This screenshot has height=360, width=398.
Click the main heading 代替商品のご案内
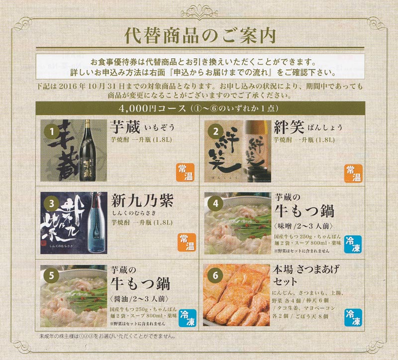[200, 35]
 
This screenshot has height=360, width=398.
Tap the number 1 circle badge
[52, 131]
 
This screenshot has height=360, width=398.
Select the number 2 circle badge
[216, 131]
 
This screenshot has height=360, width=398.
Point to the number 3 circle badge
[52, 204]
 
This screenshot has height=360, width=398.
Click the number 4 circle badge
[216, 204]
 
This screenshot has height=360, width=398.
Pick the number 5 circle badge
[52, 275]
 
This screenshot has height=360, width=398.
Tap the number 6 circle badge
[215, 275]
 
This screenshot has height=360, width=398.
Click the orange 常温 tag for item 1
[186, 173]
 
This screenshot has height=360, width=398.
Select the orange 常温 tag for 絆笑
[353, 174]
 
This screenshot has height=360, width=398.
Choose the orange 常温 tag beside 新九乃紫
[187, 243]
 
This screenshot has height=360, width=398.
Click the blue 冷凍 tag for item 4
[353, 244]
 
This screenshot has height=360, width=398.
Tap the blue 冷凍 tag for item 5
[188, 318]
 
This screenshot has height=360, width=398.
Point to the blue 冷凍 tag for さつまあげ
[353, 317]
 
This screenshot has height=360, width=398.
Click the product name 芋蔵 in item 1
[125, 127]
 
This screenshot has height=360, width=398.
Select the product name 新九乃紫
[142, 201]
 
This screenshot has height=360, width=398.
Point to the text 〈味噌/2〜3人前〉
[303, 226]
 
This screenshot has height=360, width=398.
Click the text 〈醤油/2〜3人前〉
[140, 299]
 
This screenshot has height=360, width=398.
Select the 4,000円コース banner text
[200, 108]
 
